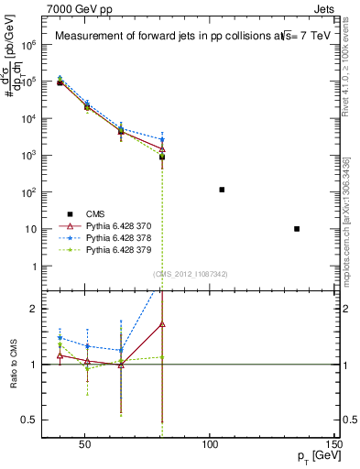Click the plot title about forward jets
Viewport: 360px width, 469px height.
pyautogui.click(x=182, y=37)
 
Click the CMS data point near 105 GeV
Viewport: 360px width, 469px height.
pyautogui.click(x=222, y=190)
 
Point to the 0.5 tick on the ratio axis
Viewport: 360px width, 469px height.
pyautogui.click(x=32, y=420)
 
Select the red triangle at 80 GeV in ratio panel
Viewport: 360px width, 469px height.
pyautogui.click(x=161, y=324)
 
